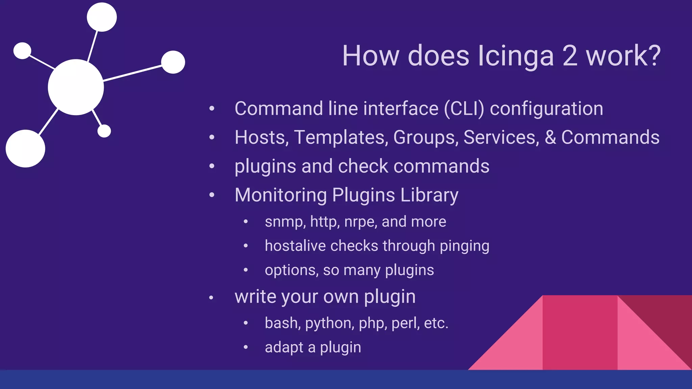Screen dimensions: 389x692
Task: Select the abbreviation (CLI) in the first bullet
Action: coord(464,109)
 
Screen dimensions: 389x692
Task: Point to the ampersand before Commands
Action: coord(550,137)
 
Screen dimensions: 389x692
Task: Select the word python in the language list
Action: coord(329,323)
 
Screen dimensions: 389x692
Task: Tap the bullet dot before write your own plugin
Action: coord(211,297)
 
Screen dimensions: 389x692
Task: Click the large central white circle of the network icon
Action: coord(76,87)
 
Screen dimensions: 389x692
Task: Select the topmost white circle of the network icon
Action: coord(102,17)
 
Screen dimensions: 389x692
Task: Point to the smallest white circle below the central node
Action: coord(104,131)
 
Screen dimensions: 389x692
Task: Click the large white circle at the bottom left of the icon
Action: coord(25,149)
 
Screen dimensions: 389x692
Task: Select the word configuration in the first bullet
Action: coord(546,109)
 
